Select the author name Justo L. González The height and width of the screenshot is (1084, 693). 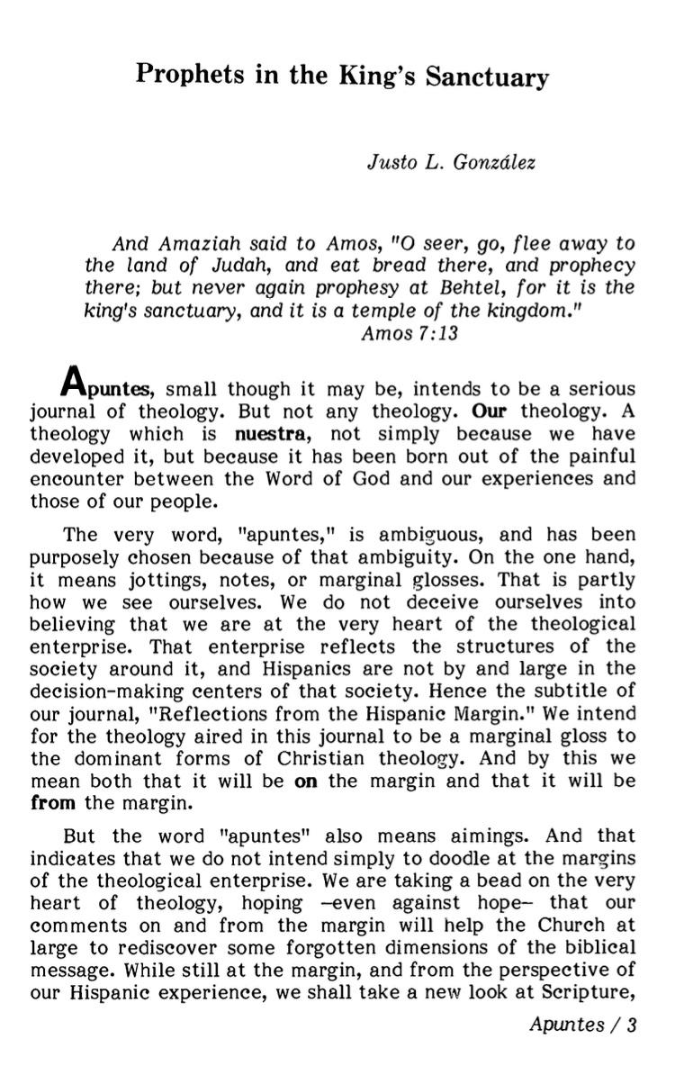tap(438, 165)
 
